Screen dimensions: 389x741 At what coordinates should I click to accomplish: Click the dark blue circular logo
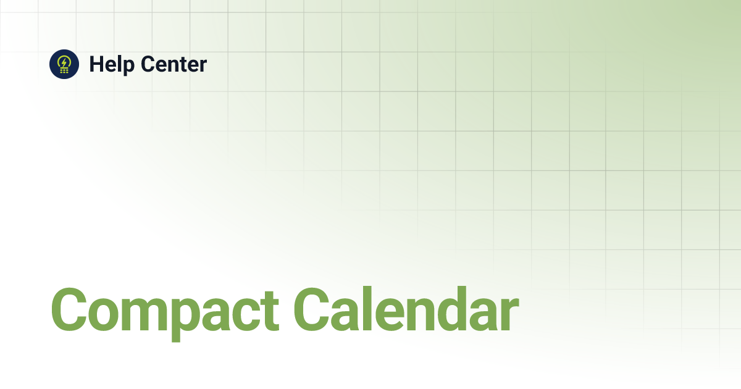(x=64, y=64)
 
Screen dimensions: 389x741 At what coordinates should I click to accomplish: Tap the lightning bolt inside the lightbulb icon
(x=64, y=62)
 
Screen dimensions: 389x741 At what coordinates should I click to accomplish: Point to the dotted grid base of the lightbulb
(x=64, y=71)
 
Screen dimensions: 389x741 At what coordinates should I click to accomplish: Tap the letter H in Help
(x=96, y=64)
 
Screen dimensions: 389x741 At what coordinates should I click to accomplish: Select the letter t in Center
(x=183, y=65)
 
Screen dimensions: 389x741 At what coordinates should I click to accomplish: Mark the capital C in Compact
(x=70, y=309)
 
